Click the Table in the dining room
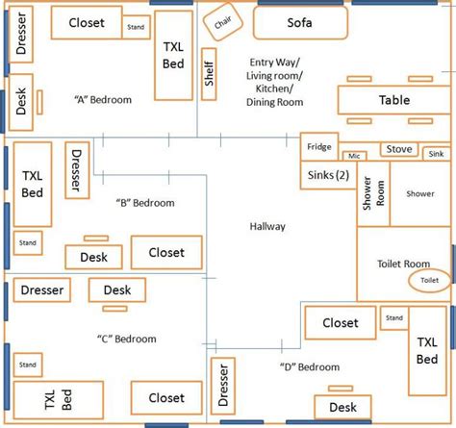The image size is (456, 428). [x=393, y=100]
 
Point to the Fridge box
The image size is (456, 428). [x=318, y=147]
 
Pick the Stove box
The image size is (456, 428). [x=399, y=149]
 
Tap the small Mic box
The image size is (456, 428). [x=354, y=155]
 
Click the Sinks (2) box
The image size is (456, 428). [x=327, y=175]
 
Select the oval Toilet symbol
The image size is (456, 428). [x=429, y=280]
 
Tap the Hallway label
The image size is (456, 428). [x=266, y=226]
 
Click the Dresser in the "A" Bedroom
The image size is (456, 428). [x=20, y=38]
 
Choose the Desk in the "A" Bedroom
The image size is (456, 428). [x=21, y=103]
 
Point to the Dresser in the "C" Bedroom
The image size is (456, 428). [x=41, y=290]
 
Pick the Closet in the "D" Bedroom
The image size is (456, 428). [x=341, y=324]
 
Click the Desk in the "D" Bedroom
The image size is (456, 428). [x=342, y=408]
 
